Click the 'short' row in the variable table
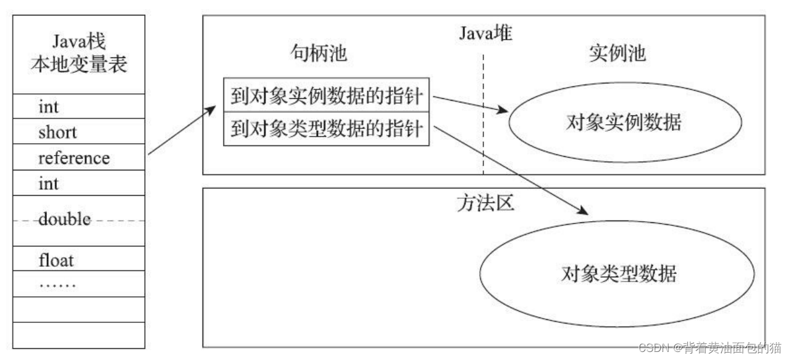click(57, 133)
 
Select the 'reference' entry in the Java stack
click(73, 158)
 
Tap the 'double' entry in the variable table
click(65, 219)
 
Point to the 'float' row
click(56, 260)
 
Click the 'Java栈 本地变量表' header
click(79, 54)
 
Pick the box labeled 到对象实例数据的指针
click(326, 96)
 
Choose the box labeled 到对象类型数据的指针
click(326, 130)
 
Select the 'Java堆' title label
click(485, 34)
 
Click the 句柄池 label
click(318, 54)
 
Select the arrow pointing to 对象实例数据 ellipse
click(469, 104)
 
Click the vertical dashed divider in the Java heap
click(483, 111)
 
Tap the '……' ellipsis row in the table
click(57, 285)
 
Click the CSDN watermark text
click(709, 347)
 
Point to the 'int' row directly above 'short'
click(49, 107)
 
